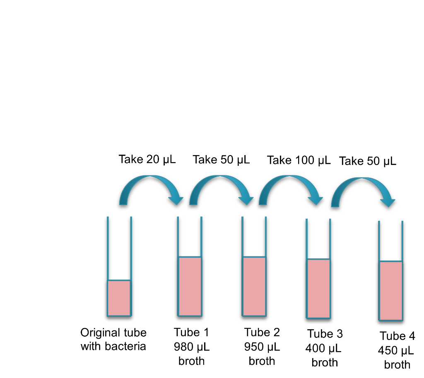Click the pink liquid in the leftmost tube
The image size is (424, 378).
119,298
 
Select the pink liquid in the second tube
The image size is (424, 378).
190,286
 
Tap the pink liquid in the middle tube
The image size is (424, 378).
254,286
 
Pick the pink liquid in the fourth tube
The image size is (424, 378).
318,288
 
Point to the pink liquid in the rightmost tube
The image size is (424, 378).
390,290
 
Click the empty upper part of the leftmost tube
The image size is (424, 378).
119,248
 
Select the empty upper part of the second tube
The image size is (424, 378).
190,237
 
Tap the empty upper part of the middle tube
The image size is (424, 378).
254,237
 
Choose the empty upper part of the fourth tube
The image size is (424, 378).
318,239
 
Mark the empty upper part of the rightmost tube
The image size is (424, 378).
390,241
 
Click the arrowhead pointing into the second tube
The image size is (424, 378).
176,200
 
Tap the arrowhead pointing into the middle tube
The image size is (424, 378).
246,200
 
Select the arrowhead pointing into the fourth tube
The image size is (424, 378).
316,200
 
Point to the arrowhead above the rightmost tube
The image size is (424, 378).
388,202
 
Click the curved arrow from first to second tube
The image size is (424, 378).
149,178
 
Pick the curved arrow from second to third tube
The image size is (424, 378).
219,178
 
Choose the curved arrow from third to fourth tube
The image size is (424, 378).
289,178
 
